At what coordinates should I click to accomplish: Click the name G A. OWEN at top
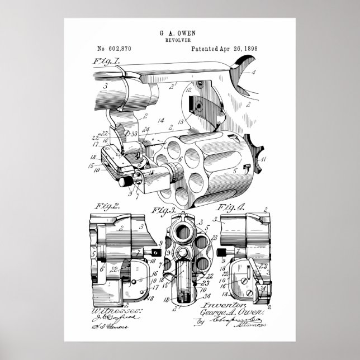coord(180,34)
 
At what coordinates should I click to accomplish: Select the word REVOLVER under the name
coord(180,41)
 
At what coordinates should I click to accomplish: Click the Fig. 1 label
coord(106,61)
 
